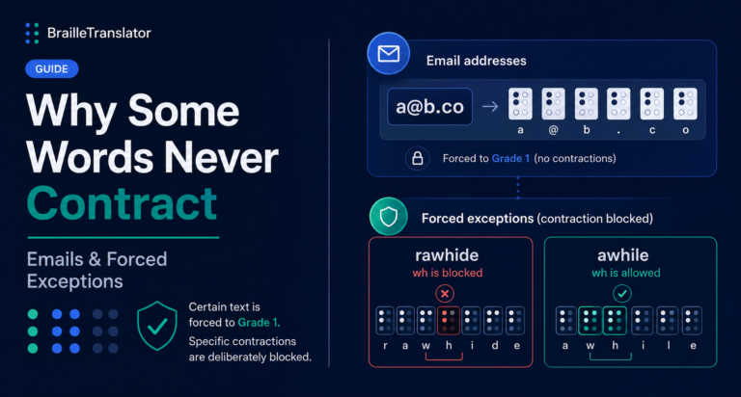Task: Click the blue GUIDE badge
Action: [x=51, y=69]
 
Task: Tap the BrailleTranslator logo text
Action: [x=99, y=33]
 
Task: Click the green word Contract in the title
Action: [x=122, y=203]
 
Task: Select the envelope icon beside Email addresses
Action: [x=389, y=53]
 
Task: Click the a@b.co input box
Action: [x=429, y=107]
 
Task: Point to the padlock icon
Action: [x=417, y=158]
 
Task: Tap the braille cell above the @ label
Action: [x=554, y=103]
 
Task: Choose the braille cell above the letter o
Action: [x=685, y=103]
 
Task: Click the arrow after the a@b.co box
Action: [x=490, y=106]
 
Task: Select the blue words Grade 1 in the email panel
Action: [x=510, y=158]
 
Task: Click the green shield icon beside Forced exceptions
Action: [x=389, y=217]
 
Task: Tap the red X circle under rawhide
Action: [x=445, y=294]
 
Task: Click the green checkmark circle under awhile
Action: [x=622, y=294]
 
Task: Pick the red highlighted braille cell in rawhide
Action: [x=449, y=321]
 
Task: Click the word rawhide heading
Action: [x=447, y=255]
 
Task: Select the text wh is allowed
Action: [x=625, y=273]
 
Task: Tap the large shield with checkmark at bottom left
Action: [x=157, y=326]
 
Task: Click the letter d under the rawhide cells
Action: [x=495, y=346]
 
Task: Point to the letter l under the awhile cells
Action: [x=669, y=346]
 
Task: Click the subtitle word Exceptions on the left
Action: [x=74, y=281]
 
